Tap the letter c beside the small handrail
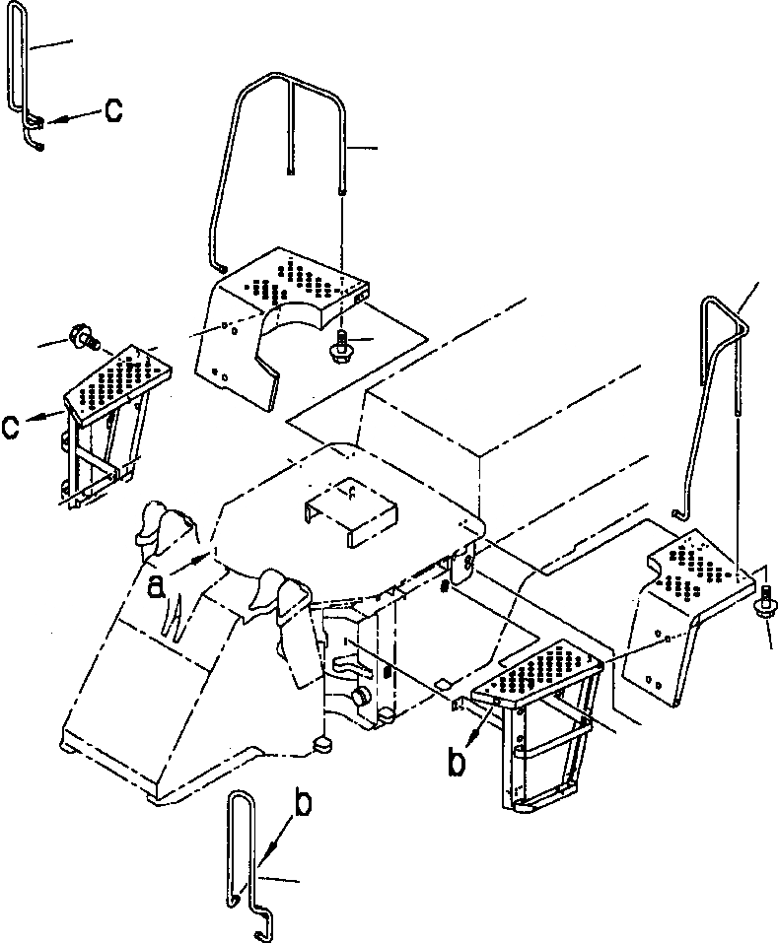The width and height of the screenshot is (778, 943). [113, 111]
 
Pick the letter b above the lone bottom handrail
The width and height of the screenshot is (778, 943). [303, 803]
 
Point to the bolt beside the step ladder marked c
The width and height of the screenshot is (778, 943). [82, 338]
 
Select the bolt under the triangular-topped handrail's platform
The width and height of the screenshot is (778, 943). [766, 602]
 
